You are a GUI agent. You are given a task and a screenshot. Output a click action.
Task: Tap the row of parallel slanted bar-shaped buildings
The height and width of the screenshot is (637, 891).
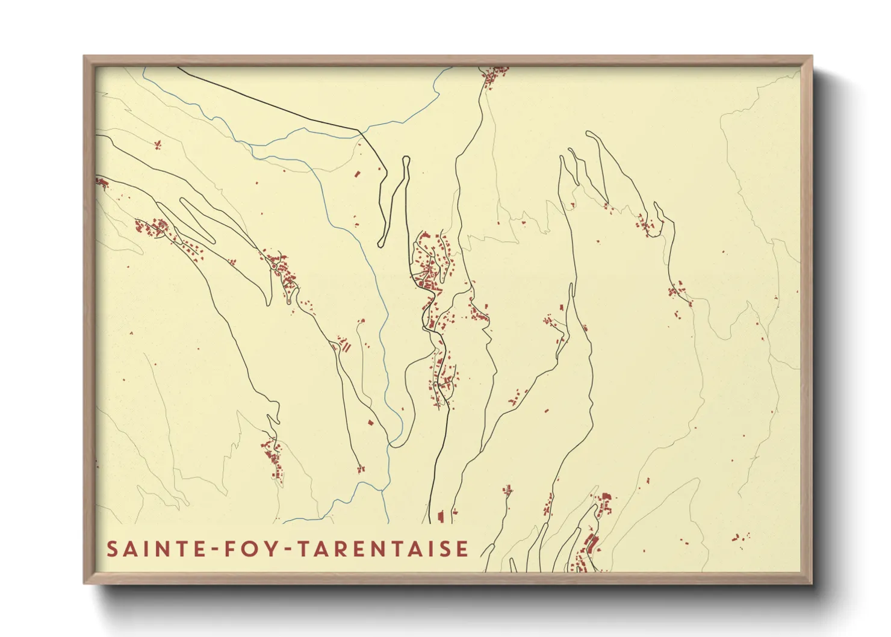pos(345,346)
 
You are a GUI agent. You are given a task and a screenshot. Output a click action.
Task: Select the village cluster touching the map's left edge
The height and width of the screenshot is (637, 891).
pos(101,182)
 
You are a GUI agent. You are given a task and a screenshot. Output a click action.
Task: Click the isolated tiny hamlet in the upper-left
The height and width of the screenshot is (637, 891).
pos(158,144)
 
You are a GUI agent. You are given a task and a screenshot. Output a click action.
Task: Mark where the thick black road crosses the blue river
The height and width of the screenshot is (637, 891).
pos(360,129)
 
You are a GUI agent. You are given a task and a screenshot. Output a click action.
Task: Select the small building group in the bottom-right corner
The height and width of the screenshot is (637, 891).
pos(740,536)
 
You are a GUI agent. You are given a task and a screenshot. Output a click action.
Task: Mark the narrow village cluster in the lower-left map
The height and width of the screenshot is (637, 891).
pos(273,461)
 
